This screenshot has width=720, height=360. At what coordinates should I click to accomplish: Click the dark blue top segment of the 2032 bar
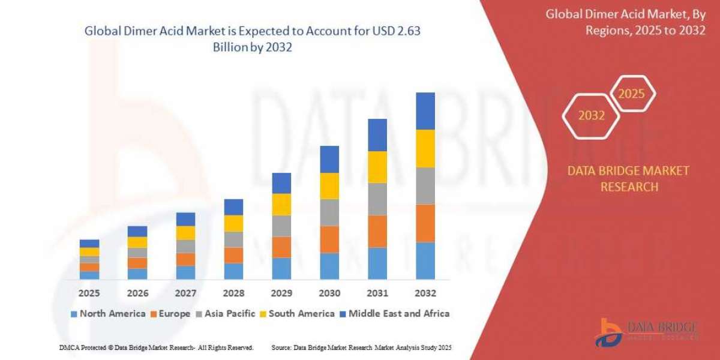(x=425, y=111)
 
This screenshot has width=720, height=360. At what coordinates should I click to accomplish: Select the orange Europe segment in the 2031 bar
(x=377, y=231)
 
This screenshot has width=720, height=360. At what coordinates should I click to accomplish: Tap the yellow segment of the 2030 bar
(x=329, y=186)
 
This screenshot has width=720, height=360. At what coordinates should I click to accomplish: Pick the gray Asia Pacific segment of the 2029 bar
(x=281, y=226)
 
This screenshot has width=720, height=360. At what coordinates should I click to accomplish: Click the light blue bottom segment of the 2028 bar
(x=233, y=271)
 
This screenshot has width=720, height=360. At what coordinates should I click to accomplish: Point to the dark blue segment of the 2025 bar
(x=89, y=244)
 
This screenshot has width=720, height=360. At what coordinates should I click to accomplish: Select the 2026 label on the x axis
(x=137, y=293)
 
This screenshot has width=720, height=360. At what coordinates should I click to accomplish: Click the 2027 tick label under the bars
(x=185, y=293)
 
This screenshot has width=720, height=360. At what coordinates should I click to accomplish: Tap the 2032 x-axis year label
(x=425, y=293)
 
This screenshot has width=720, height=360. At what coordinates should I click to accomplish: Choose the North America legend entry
(x=108, y=313)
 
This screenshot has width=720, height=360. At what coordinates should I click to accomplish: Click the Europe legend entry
(x=170, y=313)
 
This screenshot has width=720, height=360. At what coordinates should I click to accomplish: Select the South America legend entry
(x=297, y=313)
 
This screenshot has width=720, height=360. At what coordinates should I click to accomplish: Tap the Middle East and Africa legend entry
(x=394, y=313)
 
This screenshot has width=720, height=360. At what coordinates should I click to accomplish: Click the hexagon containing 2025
(x=631, y=94)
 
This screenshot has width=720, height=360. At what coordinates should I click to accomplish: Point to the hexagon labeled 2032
(x=591, y=116)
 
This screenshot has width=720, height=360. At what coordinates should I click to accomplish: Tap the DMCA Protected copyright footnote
(x=157, y=347)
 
